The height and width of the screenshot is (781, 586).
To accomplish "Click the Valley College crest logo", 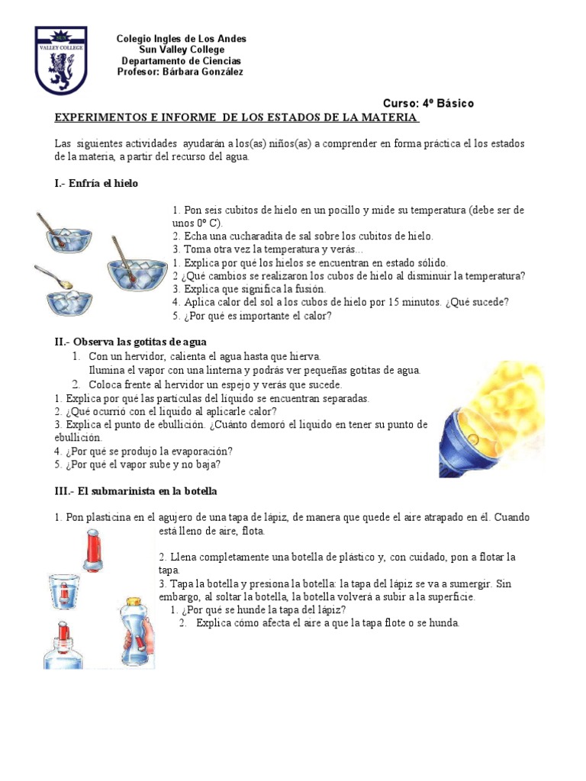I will (61, 60).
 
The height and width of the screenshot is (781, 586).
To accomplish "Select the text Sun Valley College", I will (181, 50).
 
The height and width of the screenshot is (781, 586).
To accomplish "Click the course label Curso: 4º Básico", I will (428, 103).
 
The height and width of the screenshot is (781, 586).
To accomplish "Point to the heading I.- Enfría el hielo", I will (96, 184).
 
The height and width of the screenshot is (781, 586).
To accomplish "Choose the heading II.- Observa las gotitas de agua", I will (130, 341).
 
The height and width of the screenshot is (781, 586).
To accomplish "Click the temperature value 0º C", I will (211, 223).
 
